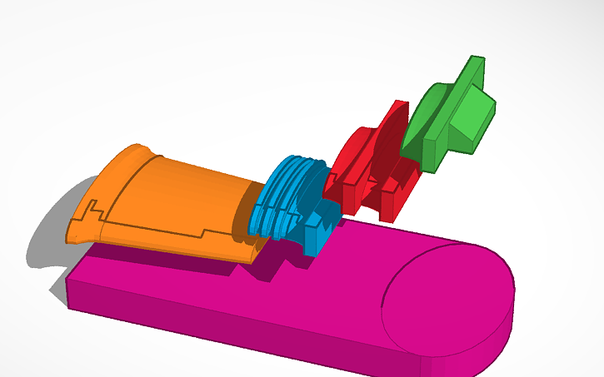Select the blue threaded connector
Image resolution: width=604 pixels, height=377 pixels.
(x=292, y=200)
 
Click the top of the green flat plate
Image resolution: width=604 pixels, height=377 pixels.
(x=475, y=62)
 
